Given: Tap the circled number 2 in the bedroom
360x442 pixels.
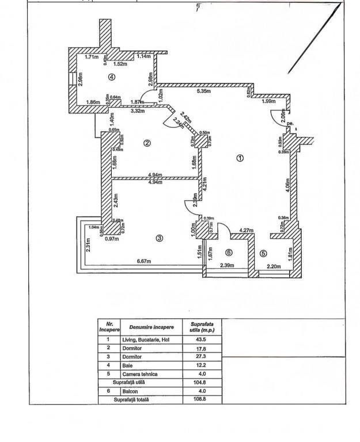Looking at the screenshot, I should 147,143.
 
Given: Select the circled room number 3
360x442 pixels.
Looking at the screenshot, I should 160,238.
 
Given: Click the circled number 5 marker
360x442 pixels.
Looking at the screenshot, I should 263,252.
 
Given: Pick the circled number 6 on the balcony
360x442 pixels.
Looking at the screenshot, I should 229,252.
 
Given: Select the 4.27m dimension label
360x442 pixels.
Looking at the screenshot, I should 247,231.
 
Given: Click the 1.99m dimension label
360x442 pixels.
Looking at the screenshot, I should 268,102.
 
